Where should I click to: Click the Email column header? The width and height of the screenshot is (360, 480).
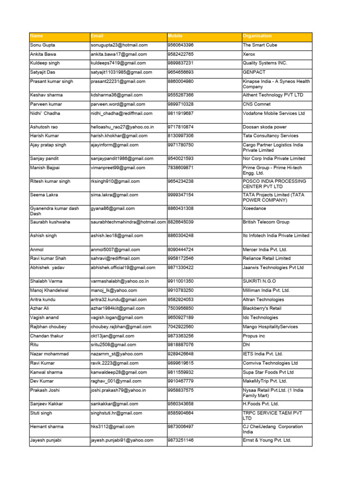pyautogui.click(x=97, y=36)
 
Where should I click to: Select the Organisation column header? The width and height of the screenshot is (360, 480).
pyautogui.click(x=257, y=36)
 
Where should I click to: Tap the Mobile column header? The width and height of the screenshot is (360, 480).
pyautogui.click(x=175, y=36)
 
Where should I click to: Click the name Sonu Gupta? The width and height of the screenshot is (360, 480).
pyautogui.click(x=42, y=45)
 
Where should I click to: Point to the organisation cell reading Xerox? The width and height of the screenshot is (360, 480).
pyautogui.click(x=249, y=54)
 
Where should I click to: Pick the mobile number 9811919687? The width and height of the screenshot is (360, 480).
pyautogui.click(x=180, y=113)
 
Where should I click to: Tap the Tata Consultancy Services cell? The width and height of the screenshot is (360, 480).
pyautogui.click(x=270, y=136)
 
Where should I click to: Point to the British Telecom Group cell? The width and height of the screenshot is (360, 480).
pyautogui.click(x=266, y=222)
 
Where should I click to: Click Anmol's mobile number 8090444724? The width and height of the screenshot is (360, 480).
pyautogui.click(x=180, y=249)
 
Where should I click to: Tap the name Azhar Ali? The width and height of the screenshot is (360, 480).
pyautogui.click(x=39, y=308)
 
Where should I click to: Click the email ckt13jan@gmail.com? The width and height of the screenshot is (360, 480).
pyautogui.click(x=112, y=336)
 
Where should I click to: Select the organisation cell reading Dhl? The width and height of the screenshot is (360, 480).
pyautogui.click(x=247, y=345)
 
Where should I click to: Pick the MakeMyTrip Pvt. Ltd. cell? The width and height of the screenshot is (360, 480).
pyautogui.click(x=265, y=381)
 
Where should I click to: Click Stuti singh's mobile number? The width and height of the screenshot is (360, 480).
pyautogui.click(x=180, y=413)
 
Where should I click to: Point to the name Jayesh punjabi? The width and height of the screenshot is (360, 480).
pyautogui.click(x=46, y=440)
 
